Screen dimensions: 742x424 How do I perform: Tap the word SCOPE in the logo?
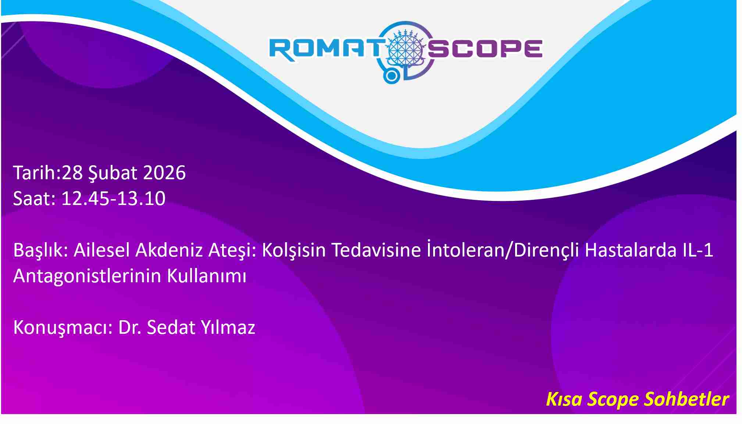click(x=485, y=49)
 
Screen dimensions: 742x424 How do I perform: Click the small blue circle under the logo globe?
click(x=392, y=76)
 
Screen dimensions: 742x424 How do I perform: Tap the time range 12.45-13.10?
click(x=113, y=198)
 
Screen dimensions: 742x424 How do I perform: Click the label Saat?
click(x=34, y=198)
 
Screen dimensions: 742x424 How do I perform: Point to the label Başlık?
click(x=41, y=250)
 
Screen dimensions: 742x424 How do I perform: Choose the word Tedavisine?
click(x=376, y=250)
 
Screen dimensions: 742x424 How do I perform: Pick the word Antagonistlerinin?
click(x=87, y=276)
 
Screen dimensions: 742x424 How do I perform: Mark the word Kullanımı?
click(x=207, y=276)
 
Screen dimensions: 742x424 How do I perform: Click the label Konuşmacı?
click(x=63, y=328)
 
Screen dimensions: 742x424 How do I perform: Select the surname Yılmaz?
click(x=228, y=327)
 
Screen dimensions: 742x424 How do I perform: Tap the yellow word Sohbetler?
click(x=686, y=399)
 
